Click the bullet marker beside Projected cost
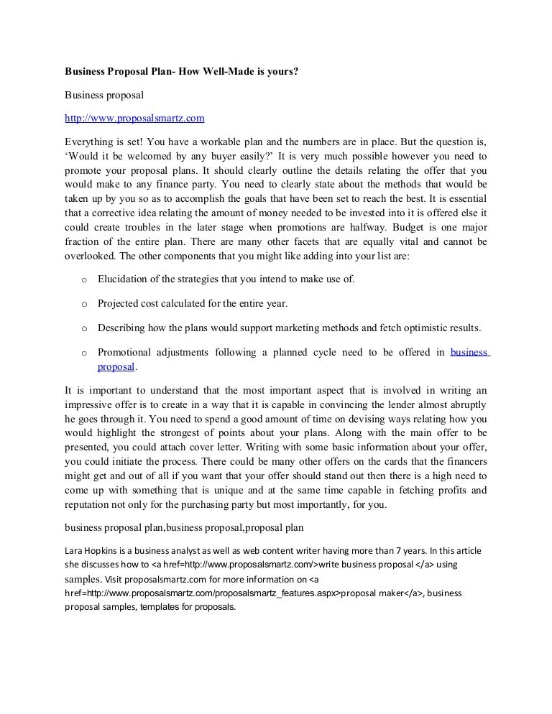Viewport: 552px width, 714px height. pos(83,305)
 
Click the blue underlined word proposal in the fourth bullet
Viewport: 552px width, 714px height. pos(116,366)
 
